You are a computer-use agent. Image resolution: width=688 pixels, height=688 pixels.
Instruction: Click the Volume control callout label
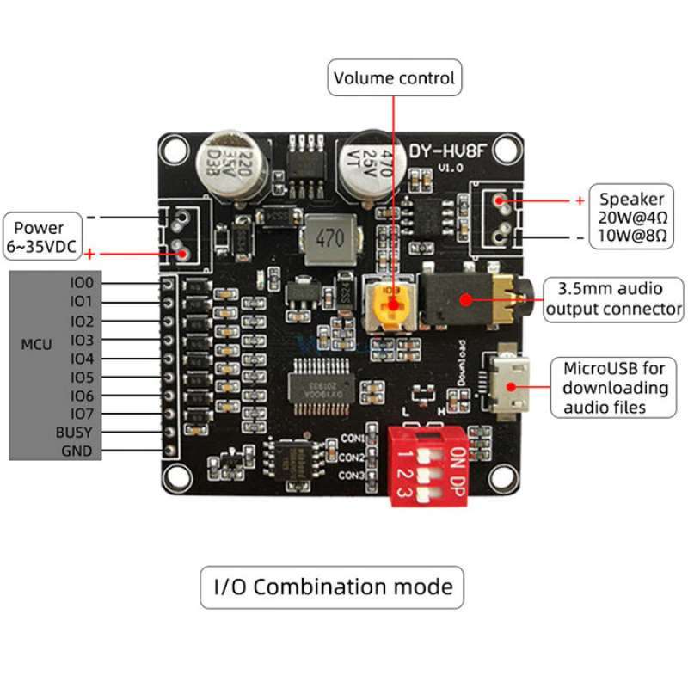(395, 78)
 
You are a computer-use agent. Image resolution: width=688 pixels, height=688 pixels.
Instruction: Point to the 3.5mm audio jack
(469, 299)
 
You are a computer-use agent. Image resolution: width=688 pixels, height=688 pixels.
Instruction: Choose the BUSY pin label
(74, 433)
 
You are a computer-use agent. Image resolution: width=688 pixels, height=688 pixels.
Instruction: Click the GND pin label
(77, 451)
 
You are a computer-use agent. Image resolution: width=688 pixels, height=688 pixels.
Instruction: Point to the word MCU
(36, 345)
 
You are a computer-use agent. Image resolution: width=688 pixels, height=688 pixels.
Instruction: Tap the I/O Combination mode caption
(332, 587)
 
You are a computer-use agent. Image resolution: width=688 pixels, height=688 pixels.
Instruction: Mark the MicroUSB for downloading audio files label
(614, 388)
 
